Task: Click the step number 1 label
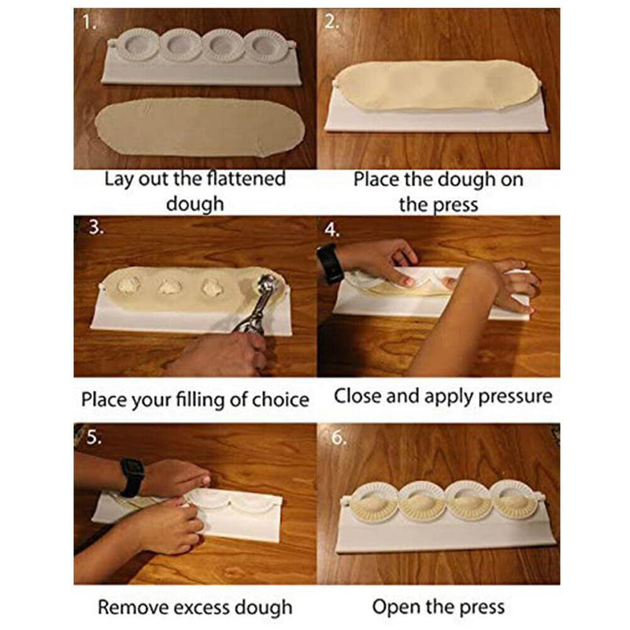[89, 24]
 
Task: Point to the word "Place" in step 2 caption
[377, 180]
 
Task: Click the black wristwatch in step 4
[332, 263]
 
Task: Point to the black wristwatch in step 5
[132, 477]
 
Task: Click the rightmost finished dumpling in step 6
[513, 499]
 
